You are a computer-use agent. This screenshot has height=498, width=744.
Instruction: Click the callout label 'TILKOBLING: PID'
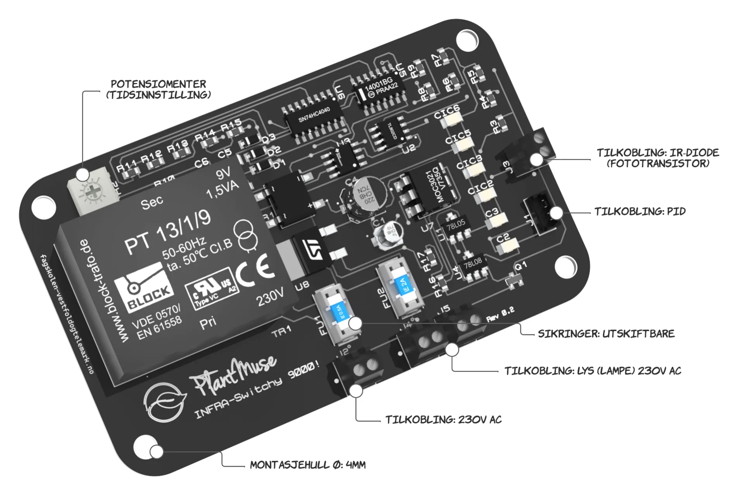(x=640, y=212)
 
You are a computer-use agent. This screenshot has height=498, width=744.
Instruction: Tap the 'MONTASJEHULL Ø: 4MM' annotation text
(x=308, y=465)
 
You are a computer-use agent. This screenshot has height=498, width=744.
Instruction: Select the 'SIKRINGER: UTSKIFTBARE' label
(x=606, y=334)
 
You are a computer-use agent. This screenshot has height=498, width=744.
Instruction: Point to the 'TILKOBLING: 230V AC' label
(x=443, y=420)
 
